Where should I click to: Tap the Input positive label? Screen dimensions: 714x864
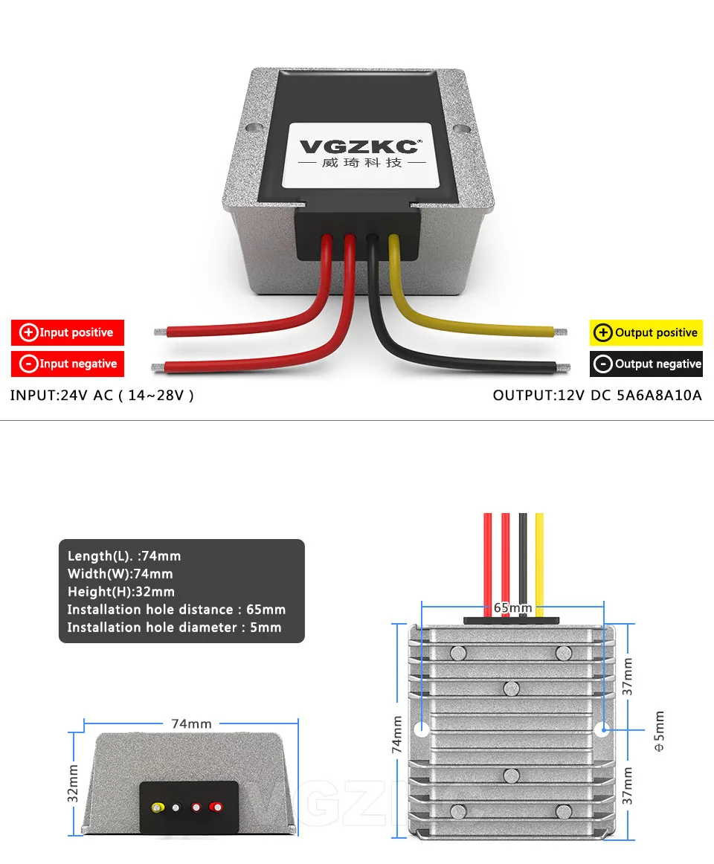[68, 332]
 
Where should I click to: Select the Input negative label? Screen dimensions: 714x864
[68, 364]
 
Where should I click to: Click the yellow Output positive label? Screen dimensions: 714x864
[646, 332]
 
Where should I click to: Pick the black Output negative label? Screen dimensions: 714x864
[646, 364]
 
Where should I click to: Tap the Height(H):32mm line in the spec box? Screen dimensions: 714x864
[121, 592]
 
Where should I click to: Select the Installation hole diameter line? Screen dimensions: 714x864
[175, 628]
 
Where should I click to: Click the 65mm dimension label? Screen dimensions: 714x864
[513, 607]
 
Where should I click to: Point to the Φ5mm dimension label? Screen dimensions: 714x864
[660, 732]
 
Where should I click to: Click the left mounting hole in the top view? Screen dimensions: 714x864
[421, 729]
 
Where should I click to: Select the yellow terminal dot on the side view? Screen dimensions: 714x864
[158, 807]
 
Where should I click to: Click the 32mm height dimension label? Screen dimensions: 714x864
[73, 783]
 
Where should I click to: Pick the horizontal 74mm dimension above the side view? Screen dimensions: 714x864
[191, 723]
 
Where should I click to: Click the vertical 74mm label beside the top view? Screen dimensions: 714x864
[397, 735]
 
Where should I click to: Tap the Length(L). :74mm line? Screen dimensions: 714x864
[124, 556]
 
